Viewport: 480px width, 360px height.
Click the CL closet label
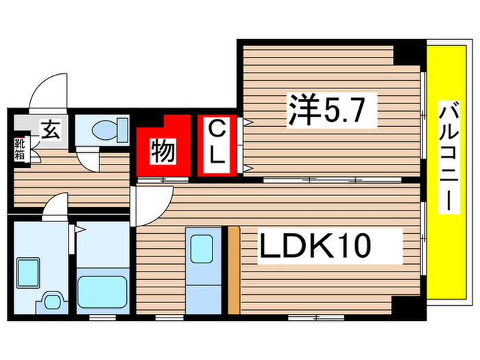[x=217, y=142]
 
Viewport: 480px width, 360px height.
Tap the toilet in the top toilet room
[x=110, y=128]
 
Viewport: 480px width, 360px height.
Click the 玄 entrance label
[x=49, y=128]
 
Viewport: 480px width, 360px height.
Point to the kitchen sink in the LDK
[x=201, y=247]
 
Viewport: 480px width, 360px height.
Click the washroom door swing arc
[x=56, y=205]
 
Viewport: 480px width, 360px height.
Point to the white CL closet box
[x=217, y=145]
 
